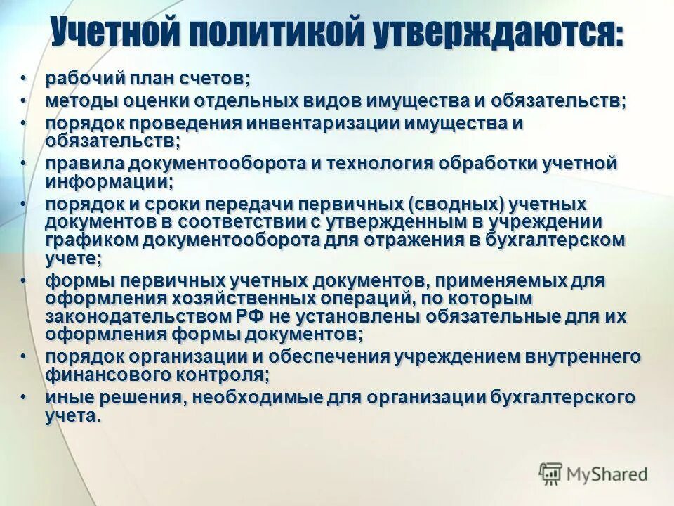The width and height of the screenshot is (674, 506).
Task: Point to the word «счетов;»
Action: [x=218, y=77]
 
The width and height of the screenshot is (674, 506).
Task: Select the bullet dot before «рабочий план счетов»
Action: [x=24, y=77]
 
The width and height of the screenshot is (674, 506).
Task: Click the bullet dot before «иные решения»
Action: [x=24, y=397]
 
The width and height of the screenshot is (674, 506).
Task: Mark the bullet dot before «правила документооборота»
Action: [x=24, y=164]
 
